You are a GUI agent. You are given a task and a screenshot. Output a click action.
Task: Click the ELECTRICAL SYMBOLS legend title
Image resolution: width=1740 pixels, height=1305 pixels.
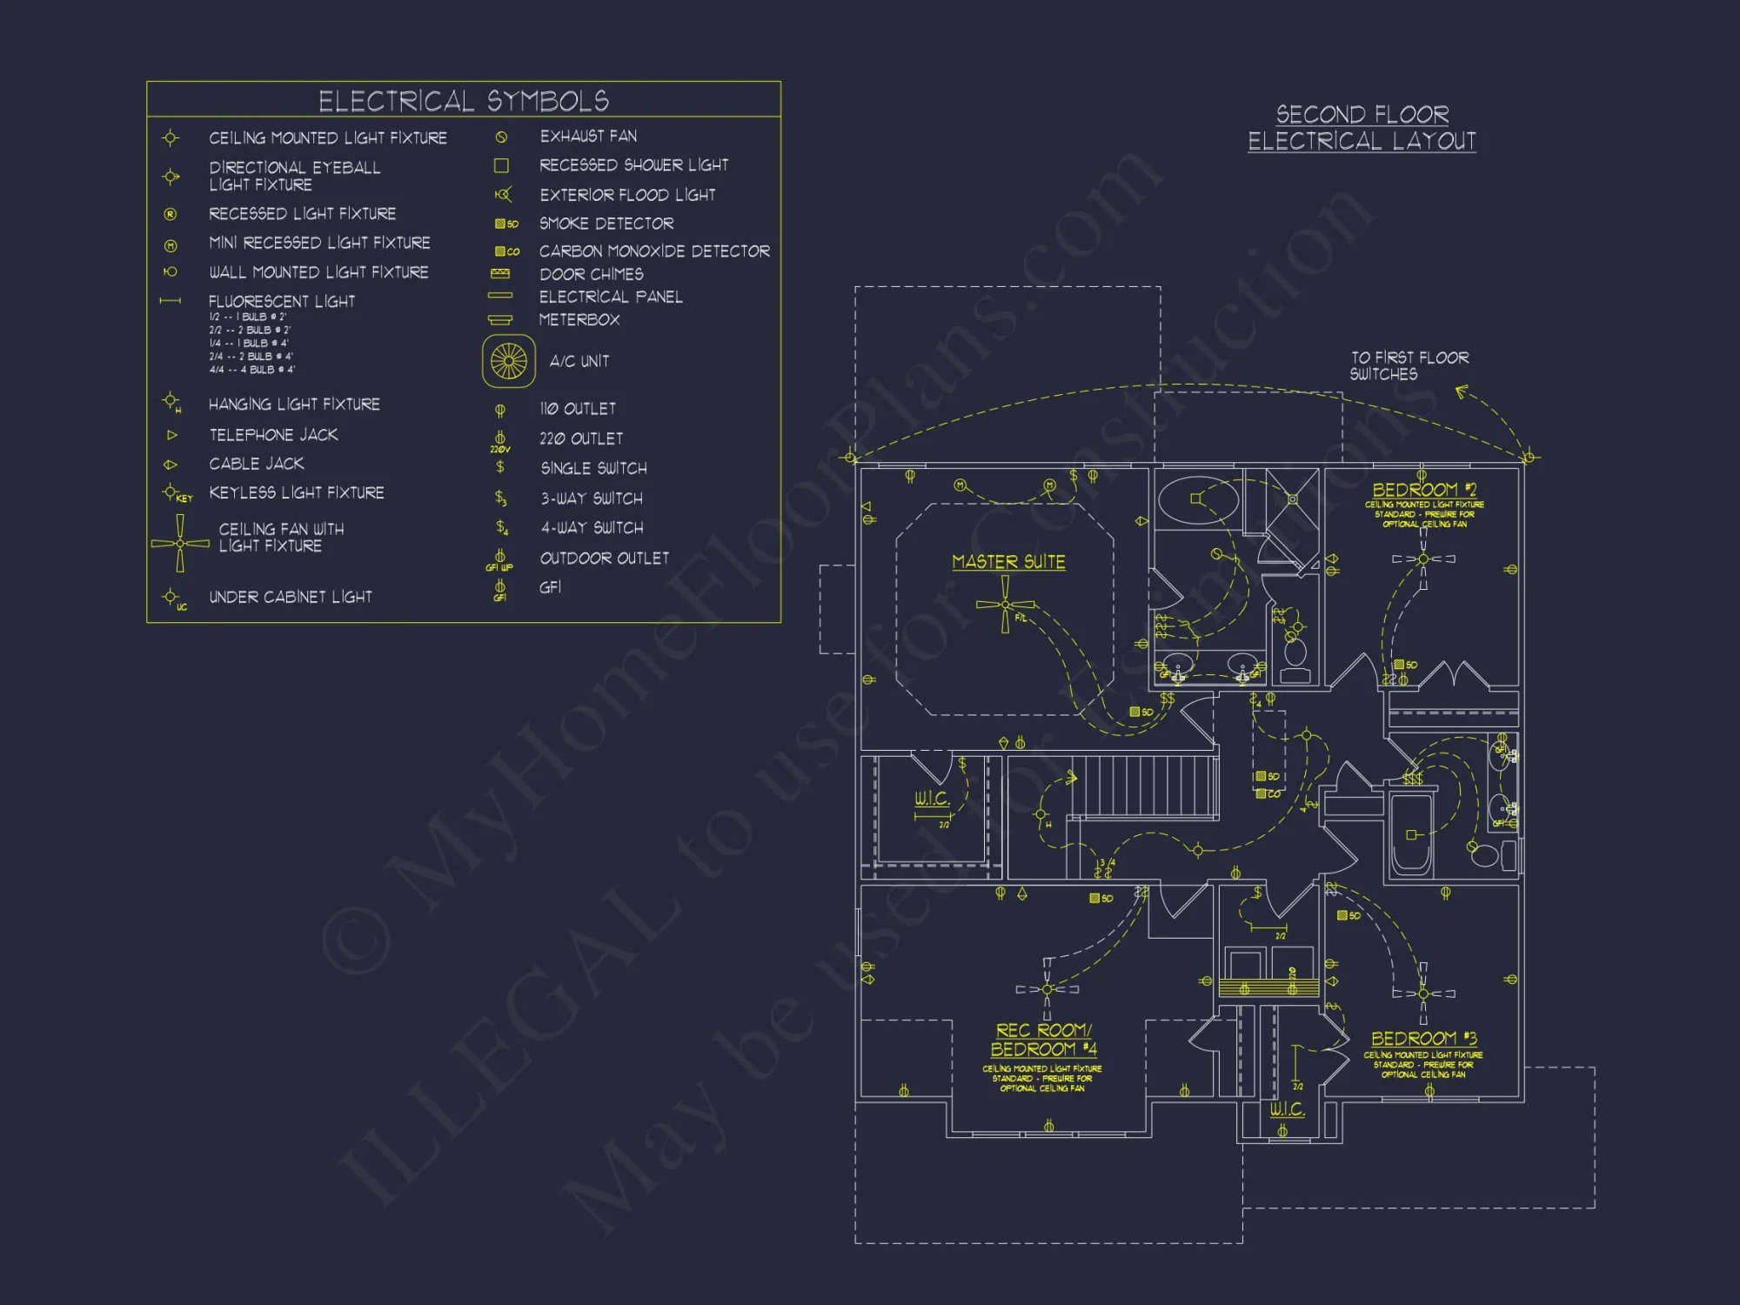click(463, 101)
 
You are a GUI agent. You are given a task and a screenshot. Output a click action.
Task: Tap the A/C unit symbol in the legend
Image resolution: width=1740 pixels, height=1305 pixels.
click(509, 361)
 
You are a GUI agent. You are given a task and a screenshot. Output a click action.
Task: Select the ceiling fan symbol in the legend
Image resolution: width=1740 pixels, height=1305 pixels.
click(180, 544)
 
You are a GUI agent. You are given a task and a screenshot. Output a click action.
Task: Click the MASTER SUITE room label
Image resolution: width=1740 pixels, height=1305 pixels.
click(1008, 562)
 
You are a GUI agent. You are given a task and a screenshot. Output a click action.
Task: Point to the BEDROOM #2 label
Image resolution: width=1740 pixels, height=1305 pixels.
click(1423, 490)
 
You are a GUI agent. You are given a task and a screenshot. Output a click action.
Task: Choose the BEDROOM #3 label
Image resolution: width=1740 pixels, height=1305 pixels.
click(1423, 1039)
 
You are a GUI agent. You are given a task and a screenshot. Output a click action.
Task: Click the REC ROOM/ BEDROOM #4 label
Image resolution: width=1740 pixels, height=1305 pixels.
click(1043, 1040)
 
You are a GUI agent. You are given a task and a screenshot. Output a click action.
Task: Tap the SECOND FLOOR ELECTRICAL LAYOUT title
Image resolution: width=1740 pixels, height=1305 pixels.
click(1362, 128)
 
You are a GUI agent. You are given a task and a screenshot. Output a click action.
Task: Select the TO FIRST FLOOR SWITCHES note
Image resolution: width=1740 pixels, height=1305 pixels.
click(1409, 365)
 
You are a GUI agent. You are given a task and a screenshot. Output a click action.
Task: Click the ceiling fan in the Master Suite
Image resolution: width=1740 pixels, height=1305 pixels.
click(1006, 605)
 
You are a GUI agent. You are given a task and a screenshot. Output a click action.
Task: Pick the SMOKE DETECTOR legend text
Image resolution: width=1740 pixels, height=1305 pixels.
click(606, 224)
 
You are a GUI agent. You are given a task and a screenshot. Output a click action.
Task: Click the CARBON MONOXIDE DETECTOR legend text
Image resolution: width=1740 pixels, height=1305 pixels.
click(654, 251)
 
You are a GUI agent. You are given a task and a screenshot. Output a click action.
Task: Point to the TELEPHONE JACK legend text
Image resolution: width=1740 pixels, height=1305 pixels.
click(273, 434)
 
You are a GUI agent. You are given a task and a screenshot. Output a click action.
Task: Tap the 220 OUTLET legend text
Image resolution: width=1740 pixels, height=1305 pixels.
click(581, 438)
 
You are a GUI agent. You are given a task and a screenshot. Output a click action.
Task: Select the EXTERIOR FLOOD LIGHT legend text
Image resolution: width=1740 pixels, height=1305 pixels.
click(627, 195)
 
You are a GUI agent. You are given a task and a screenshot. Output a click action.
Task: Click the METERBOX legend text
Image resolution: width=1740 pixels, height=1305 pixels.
click(579, 320)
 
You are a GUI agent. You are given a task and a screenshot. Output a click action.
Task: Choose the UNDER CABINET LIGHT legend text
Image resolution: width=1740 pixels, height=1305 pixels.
click(290, 597)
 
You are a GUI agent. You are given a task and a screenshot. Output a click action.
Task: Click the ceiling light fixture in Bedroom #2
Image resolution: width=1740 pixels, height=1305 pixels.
click(1423, 559)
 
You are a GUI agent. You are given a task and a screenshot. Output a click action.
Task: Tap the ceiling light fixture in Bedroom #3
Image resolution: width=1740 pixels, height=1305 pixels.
click(1423, 993)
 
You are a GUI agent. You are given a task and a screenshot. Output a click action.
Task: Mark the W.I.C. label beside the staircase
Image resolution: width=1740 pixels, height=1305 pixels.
click(932, 799)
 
